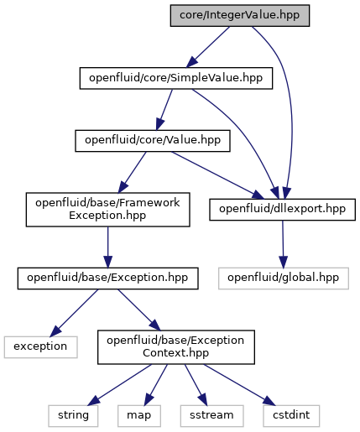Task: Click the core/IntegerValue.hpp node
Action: [240, 16]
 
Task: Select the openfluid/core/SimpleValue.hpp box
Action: [176, 78]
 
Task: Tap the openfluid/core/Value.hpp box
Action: [153, 141]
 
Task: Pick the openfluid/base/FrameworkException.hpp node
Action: [107, 210]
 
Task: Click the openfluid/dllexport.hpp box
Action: [282, 210]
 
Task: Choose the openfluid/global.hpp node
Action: [284, 278]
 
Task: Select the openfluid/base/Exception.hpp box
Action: [107, 278]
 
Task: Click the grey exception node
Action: [40, 347]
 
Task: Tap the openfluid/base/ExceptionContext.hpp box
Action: [176, 347]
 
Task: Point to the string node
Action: [73, 416]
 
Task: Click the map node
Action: [139, 416]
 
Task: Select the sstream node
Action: [211, 416]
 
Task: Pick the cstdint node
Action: [291, 416]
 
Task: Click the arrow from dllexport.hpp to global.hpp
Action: [283, 244]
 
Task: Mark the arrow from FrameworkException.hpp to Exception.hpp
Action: [107, 247]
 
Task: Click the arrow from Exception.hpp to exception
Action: [74, 313]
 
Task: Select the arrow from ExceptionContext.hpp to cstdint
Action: [239, 385]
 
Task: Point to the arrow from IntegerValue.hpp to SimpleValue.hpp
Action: [208, 47]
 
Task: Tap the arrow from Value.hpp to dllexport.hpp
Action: [217, 175]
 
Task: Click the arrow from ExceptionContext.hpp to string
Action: [120, 385]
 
